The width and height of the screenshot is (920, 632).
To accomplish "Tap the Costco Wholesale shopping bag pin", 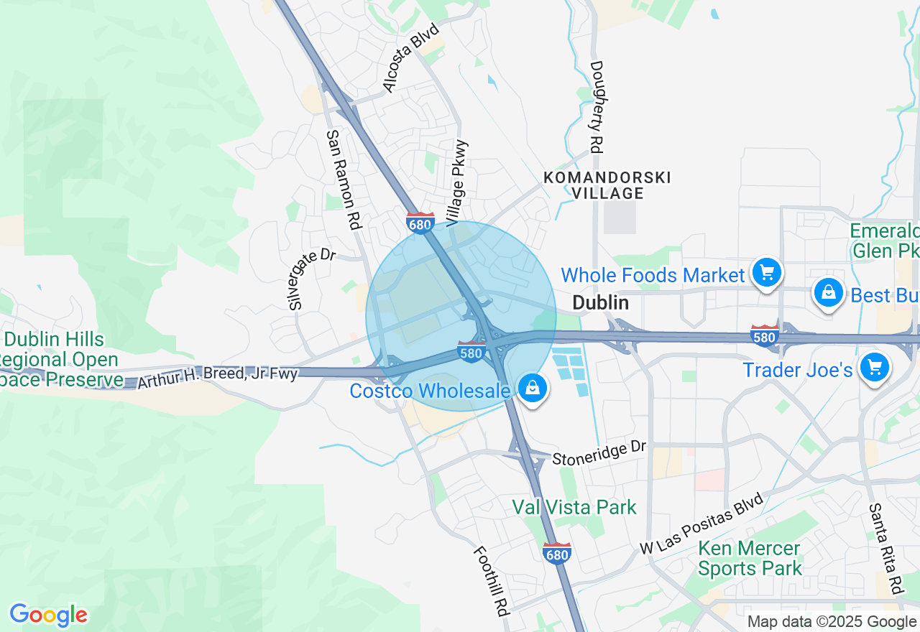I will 533,389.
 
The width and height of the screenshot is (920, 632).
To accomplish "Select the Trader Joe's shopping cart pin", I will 874,368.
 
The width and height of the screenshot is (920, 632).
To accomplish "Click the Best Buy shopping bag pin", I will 829,292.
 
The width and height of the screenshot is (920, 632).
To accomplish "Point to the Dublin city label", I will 601,303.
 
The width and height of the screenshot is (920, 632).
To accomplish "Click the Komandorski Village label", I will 607,185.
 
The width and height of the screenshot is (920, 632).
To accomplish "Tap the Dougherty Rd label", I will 596,106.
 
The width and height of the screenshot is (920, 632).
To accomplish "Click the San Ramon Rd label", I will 342,180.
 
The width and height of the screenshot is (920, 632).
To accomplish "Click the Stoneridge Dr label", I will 599,453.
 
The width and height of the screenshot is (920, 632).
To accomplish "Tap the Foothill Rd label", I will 492,580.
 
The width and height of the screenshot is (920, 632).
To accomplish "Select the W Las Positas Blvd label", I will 701,524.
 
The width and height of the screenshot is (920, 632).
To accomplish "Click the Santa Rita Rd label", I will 885,549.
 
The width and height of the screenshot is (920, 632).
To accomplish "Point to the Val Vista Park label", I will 574,508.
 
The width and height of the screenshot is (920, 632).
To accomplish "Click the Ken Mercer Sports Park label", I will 750,559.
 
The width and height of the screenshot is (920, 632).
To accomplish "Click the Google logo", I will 48,615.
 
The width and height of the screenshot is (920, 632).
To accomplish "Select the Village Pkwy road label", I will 457,184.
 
